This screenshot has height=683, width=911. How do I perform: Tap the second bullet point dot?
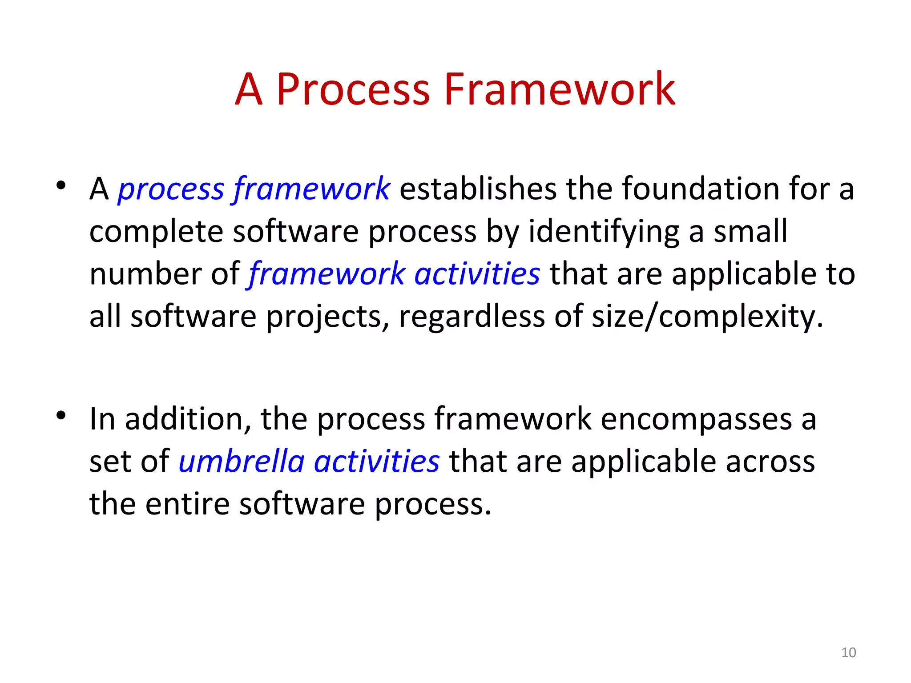click(x=61, y=415)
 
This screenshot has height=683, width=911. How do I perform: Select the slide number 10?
click(x=848, y=652)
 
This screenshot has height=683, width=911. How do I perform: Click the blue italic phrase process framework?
click(x=254, y=189)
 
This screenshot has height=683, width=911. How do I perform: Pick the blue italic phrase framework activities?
click(x=394, y=274)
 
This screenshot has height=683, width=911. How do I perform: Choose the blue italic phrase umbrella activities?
click(x=309, y=462)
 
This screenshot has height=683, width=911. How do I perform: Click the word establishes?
click(x=478, y=189)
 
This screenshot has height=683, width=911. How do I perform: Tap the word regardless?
click(x=472, y=317)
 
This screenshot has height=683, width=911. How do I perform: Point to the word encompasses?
click(x=696, y=419)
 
